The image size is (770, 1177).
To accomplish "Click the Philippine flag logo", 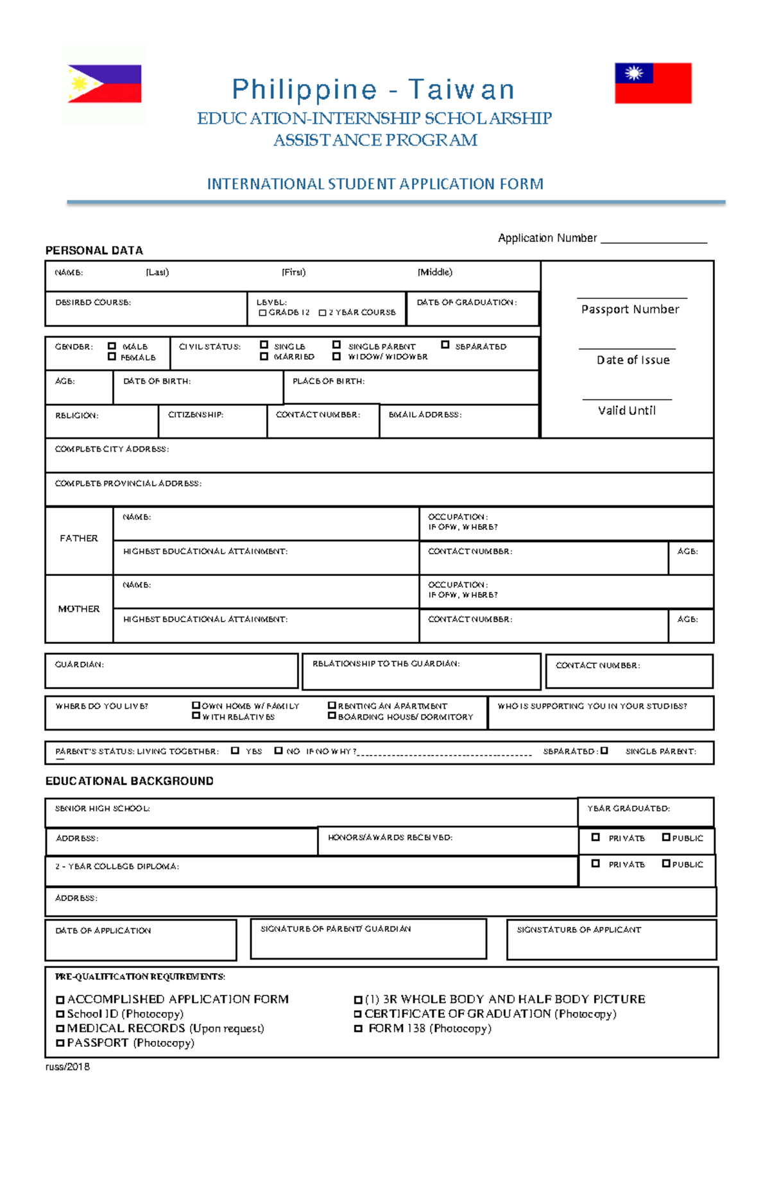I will [x=105, y=83].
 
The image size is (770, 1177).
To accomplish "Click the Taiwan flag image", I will [x=653, y=83].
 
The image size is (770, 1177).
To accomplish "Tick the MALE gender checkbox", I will [x=112, y=346].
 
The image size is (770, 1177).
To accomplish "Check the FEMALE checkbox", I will [x=112, y=357].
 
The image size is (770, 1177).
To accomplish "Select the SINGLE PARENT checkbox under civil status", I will [x=336, y=345].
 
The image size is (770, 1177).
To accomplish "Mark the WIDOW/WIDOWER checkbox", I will [x=336, y=356].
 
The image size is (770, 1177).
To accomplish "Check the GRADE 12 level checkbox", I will [x=262, y=312].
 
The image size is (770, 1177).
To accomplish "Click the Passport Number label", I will [x=629, y=309].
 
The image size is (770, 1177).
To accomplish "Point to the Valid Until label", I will [x=626, y=411].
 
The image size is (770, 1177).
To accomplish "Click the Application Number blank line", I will [x=653, y=241].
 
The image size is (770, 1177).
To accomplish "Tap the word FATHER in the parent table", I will [x=78, y=538].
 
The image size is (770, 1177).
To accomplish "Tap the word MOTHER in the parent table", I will [x=78, y=609].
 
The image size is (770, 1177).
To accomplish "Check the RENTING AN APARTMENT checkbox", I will [x=332, y=705].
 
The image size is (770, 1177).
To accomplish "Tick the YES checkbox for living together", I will [x=235, y=750].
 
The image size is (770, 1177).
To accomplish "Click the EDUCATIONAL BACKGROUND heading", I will [x=129, y=781].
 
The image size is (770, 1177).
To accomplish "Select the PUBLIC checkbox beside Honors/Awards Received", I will [x=666, y=837].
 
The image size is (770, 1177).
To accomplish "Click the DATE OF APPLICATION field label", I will [x=103, y=930].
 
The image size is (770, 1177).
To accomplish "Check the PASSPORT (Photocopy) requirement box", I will [x=60, y=1043].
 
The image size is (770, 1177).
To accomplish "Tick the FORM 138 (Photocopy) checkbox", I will [x=358, y=1028].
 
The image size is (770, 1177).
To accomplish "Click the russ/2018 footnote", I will [x=67, y=1067].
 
